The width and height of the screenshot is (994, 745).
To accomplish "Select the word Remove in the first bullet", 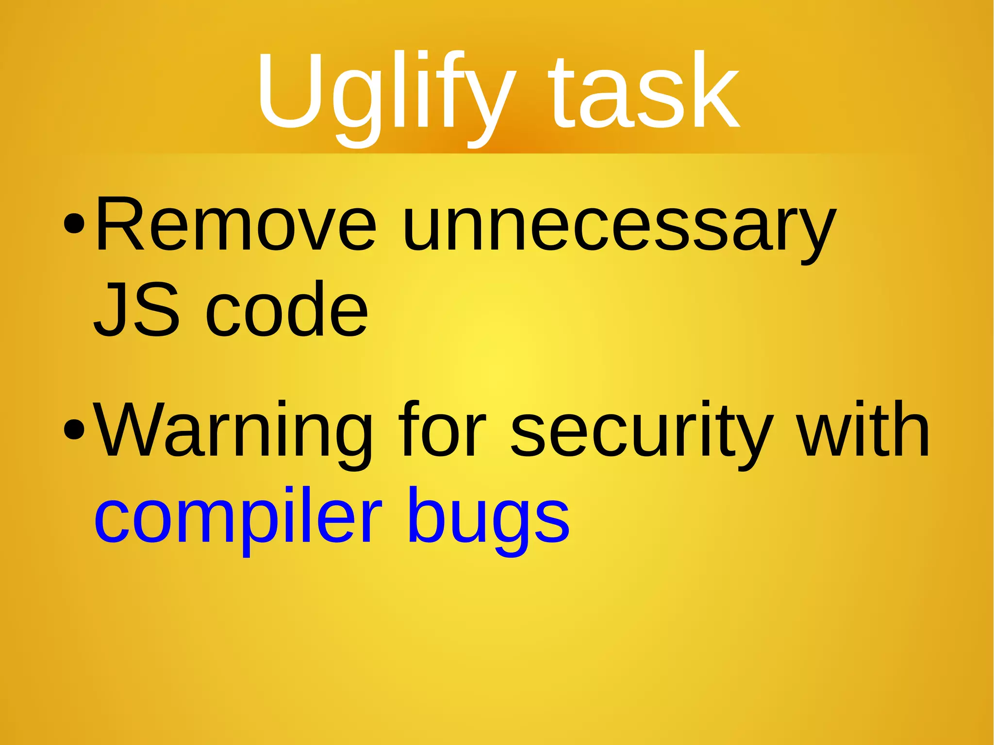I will [236, 224].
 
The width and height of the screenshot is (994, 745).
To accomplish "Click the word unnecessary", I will [619, 228].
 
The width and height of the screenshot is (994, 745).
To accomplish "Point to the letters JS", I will [136, 309].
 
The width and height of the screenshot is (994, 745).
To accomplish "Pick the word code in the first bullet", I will [286, 309].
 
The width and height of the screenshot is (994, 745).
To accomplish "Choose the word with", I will [864, 429].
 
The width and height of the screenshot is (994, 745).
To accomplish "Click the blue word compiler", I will [238, 517].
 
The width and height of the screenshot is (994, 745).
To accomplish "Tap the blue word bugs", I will [488, 517].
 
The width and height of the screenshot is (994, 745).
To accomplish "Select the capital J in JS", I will [110, 309].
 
